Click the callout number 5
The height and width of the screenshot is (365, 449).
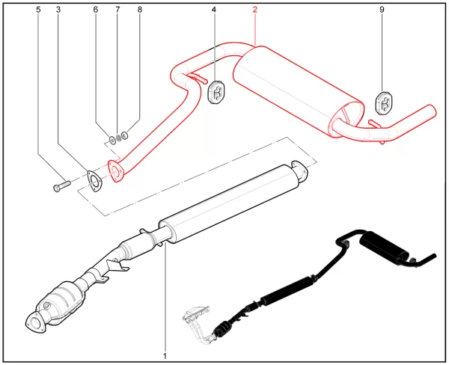pyautogui.click(x=39, y=10)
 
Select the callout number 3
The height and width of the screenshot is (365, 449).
pyautogui.click(x=58, y=10)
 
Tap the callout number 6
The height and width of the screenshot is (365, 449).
pyautogui.click(x=95, y=10)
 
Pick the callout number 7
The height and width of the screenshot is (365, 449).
pyautogui.click(x=117, y=10)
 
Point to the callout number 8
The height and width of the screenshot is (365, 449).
pyautogui.click(x=138, y=10)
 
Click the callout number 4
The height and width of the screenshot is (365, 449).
pyautogui.click(x=213, y=10)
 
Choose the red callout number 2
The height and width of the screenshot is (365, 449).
pyautogui.click(x=254, y=10)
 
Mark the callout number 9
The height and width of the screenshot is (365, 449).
pyautogui.click(x=382, y=10)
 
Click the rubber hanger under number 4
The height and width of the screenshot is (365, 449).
pyautogui.click(x=216, y=91)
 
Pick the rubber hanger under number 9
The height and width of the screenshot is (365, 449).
pyautogui.click(x=383, y=102)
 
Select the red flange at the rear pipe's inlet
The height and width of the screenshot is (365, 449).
pyautogui.click(x=114, y=171)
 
